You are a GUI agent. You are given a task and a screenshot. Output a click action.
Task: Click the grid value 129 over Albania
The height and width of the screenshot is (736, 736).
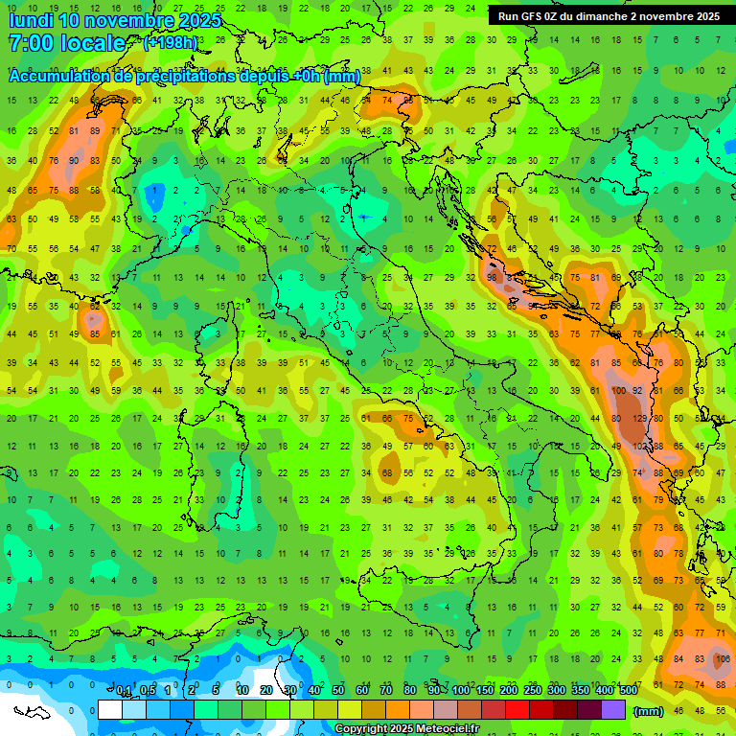[x=640, y=418]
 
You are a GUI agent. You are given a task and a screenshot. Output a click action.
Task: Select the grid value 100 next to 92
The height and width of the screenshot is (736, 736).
[x=619, y=391]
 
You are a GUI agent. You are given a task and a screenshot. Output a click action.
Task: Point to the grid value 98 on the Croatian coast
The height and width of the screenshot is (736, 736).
[x=492, y=277]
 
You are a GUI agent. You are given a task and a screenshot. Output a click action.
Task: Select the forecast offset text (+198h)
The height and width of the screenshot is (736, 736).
[x=171, y=43]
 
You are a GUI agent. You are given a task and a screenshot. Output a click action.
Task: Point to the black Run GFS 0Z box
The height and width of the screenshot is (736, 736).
[x=609, y=16]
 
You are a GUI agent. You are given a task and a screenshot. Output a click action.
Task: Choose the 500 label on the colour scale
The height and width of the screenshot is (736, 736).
[x=628, y=691]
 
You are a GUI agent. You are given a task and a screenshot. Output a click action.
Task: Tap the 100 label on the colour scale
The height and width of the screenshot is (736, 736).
[x=461, y=691]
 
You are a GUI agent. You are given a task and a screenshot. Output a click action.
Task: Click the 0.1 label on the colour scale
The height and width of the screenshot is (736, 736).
[x=124, y=691]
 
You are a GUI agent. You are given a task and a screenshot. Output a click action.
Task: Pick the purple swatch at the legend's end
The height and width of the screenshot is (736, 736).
[x=613, y=710]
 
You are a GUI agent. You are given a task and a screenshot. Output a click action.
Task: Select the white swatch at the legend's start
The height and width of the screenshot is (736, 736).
[x=109, y=710]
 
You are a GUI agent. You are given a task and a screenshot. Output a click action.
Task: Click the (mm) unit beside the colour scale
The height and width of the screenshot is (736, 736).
[x=649, y=710]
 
